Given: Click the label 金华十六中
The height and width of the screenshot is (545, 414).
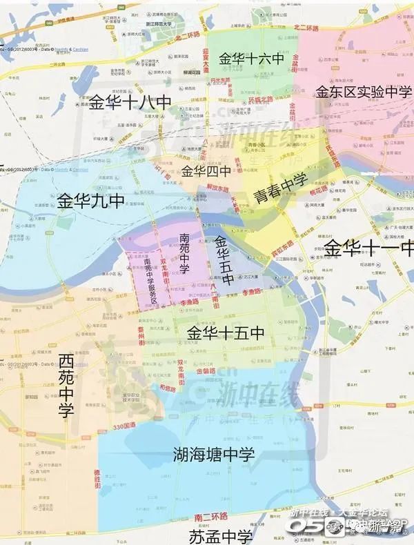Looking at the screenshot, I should click(251, 59).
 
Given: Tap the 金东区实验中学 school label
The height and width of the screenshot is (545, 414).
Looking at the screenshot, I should click(364, 91).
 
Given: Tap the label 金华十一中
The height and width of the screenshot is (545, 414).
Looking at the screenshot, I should click(369, 247).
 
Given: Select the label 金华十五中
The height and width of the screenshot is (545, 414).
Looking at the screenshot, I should click(226, 333).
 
